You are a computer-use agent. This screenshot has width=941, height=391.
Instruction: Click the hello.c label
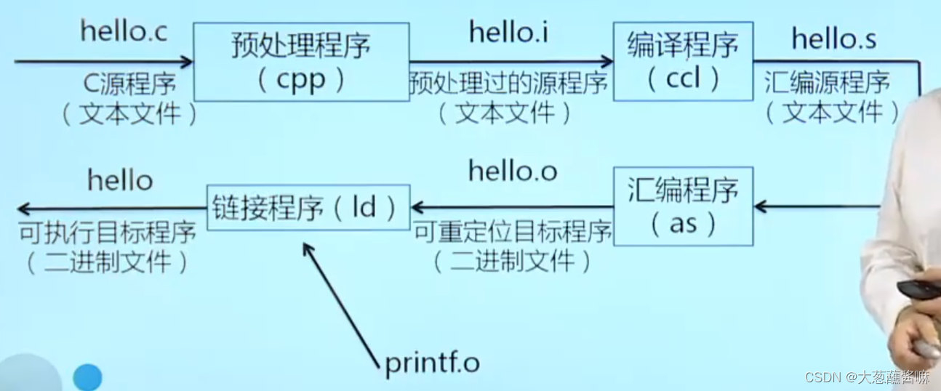(123, 32)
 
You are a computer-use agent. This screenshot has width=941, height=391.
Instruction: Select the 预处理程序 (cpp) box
(301, 62)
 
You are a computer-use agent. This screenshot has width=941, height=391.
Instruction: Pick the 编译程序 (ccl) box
(683, 61)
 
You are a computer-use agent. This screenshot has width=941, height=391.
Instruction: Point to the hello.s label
(834, 39)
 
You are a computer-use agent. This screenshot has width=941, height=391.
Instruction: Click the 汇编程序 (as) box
(683, 206)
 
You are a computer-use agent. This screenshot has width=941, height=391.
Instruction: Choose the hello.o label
(513, 172)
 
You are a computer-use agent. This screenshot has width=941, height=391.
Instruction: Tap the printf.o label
(432, 363)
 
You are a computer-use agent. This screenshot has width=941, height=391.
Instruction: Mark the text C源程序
(129, 86)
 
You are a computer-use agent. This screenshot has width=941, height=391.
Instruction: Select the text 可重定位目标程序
(513, 233)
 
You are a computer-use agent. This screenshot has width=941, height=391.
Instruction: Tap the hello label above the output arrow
(120, 180)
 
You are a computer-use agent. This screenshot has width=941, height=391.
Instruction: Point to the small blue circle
(87, 376)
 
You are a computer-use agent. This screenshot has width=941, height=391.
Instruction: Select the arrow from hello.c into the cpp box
(102, 62)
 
